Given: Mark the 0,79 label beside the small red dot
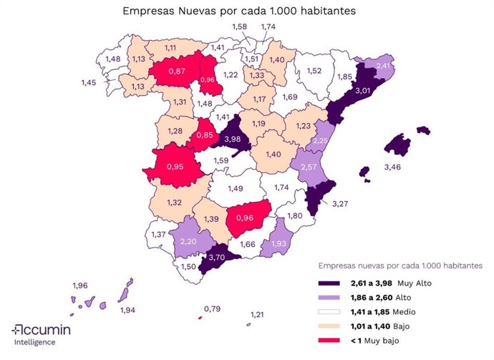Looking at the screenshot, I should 213,309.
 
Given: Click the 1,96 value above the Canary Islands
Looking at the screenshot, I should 80,286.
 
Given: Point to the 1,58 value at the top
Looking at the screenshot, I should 241,26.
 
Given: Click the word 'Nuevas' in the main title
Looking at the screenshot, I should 198,11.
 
